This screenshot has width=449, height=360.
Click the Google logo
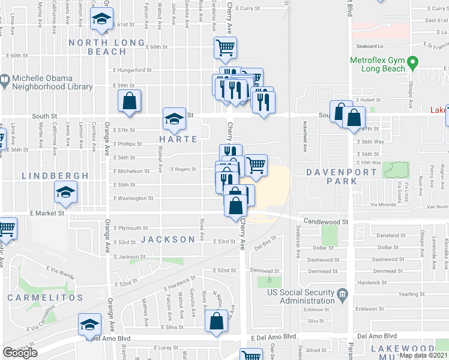click(20, 353)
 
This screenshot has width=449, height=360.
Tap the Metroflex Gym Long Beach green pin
click(412, 62)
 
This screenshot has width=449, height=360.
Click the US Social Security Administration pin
click(342, 294)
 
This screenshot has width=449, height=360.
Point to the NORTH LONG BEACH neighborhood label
click(107, 47)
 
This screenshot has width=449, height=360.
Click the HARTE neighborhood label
click(178, 139)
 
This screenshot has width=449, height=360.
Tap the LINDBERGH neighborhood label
click(55, 176)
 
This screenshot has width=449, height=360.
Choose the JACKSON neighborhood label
click(168, 239)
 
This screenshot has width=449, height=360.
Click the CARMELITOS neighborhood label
click(45, 298)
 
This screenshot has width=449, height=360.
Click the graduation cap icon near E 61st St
click(101, 19)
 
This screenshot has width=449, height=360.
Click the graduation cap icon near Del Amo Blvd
click(90, 325)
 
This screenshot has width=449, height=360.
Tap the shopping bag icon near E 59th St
click(129, 101)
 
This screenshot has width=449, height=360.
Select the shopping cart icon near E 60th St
click(225, 47)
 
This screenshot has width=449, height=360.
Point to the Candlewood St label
click(326, 221)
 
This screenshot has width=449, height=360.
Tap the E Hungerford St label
click(133, 70)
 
